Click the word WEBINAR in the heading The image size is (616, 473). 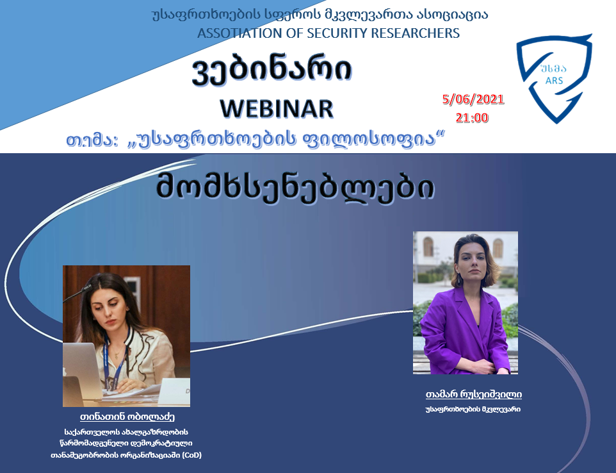point(277,108)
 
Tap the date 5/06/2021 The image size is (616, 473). point(473,99)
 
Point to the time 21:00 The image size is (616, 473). point(472,117)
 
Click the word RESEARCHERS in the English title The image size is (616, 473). point(415,33)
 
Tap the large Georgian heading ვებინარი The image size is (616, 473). point(272,72)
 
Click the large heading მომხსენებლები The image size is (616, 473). point(295,187)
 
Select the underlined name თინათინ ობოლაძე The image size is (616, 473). point(127,417)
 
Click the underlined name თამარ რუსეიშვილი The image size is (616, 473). point(473,394)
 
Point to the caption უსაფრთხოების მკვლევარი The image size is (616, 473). point(473,410)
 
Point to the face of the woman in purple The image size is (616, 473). point(471,261)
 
